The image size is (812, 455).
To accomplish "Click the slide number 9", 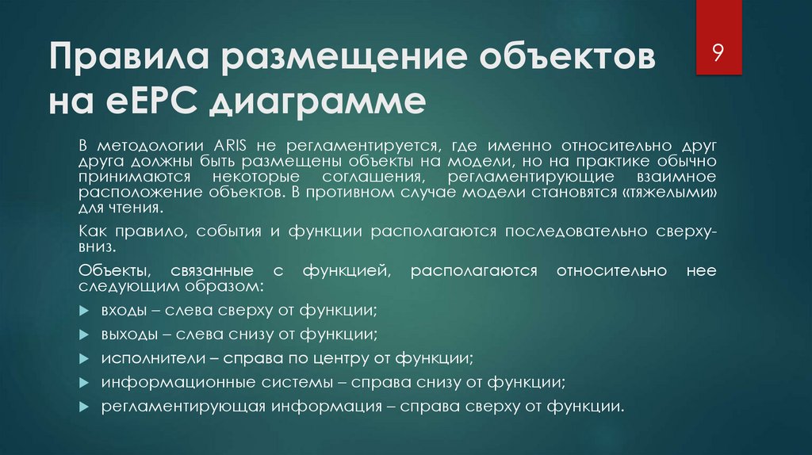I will (718, 53).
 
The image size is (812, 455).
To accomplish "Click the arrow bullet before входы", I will (85, 310).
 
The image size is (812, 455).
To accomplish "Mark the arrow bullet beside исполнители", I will (85, 358).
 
